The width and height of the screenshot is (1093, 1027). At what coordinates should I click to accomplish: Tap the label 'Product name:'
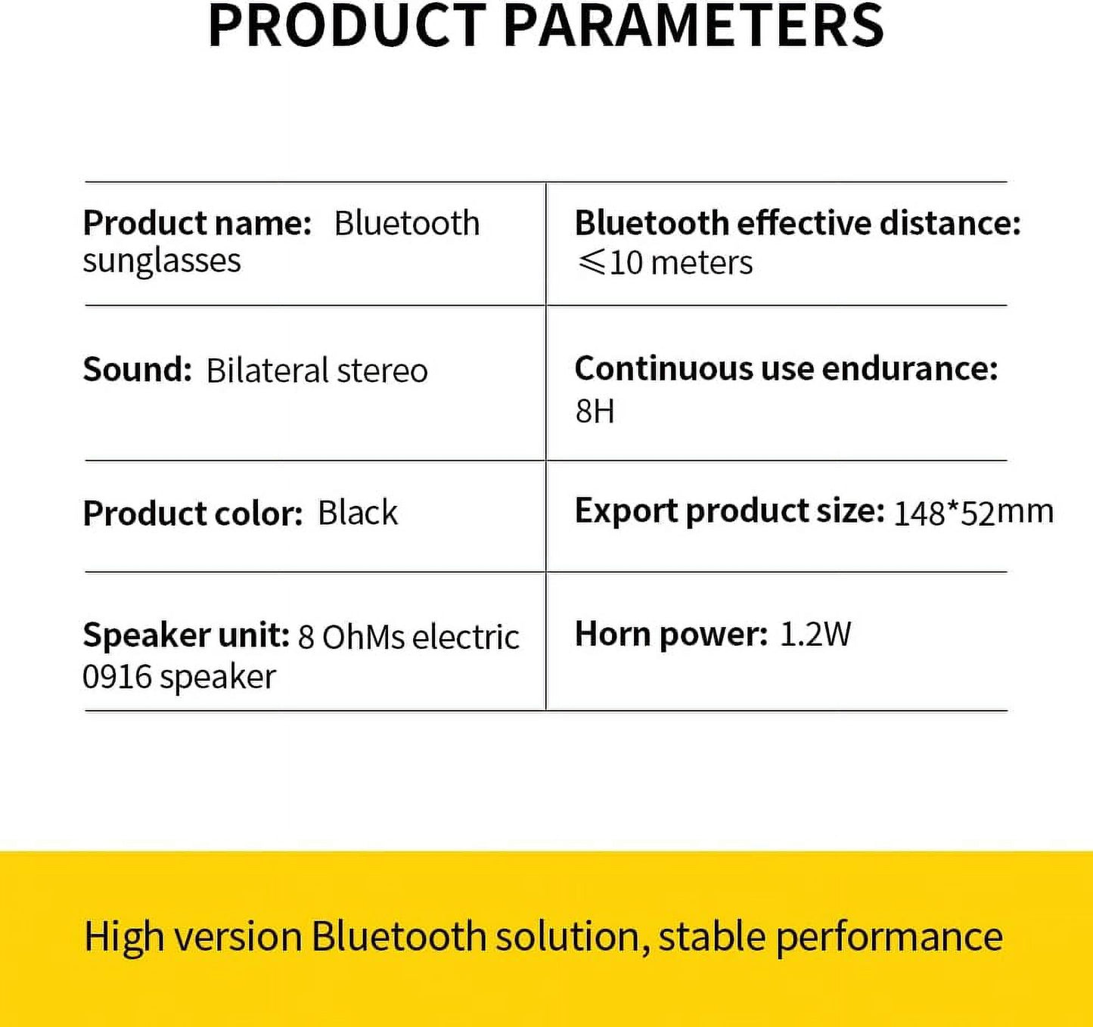coord(197,223)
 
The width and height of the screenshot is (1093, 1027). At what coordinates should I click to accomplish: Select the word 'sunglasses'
coord(162,260)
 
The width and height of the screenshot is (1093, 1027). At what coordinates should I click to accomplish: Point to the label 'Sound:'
coord(137,369)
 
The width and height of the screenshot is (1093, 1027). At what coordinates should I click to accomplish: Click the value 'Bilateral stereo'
coord(317,370)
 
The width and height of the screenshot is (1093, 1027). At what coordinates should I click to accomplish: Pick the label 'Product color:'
coord(193,513)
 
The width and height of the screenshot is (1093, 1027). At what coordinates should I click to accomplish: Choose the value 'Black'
coord(358,513)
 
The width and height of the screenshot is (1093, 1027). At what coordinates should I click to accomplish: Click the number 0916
coord(117,677)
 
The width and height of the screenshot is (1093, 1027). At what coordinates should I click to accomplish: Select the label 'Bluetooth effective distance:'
coord(797,223)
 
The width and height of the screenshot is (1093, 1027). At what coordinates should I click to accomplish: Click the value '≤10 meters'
coord(664,262)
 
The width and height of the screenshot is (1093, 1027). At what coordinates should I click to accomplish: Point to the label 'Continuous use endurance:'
coord(786,368)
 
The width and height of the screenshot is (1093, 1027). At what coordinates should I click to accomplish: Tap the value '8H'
coord(595,411)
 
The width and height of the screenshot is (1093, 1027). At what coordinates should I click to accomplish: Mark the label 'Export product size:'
coord(730,511)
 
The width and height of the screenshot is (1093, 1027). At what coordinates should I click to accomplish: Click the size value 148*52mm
coord(973,513)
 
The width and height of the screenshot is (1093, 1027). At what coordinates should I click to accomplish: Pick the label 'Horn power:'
coord(671,634)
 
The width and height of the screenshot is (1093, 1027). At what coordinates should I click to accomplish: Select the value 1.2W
coord(815,634)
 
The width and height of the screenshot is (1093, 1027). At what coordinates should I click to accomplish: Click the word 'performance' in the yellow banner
coord(890,937)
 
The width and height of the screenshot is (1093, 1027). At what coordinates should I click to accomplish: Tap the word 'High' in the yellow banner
coord(124,936)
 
